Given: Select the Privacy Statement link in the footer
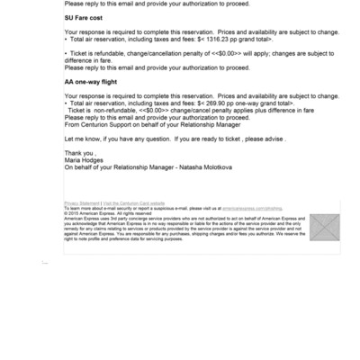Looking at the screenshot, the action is click(82, 205).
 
